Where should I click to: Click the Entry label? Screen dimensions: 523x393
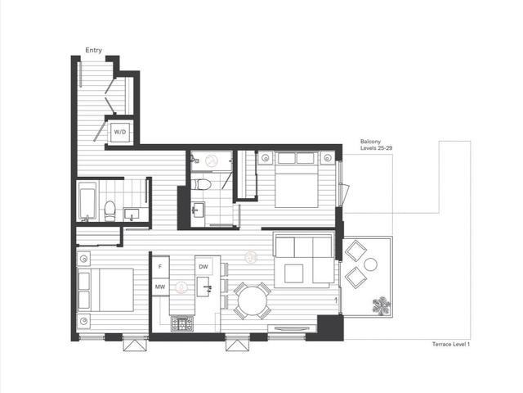tap(93, 50)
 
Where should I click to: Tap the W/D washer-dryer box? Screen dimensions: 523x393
tap(120, 132)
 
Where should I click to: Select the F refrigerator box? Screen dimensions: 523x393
tap(160, 266)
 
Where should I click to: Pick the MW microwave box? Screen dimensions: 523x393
tap(160, 287)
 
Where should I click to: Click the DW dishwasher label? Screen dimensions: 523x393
tap(203, 267)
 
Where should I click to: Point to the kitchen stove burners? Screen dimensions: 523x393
tap(182, 323)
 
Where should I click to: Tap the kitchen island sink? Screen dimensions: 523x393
tap(203, 287)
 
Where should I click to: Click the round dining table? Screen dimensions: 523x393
tap(253, 301)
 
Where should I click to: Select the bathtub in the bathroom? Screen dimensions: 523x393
tap(87, 201)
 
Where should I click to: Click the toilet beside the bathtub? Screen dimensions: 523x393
tap(110, 211)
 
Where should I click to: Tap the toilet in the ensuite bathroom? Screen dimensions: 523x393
tap(201, 184)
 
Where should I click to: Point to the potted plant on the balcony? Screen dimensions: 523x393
tap(381, 305)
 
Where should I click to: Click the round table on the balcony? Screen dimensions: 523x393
tap(370, 264)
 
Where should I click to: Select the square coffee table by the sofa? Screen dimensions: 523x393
tap(294, 273)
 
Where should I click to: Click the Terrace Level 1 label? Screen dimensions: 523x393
tap(451, 344)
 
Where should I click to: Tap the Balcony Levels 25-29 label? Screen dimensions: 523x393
tap(376, 145)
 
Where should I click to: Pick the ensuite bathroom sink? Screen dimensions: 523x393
tap(198, 210)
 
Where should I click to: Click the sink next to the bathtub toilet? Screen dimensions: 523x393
tap(132, 214)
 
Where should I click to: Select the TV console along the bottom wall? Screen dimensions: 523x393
tap(292, 328)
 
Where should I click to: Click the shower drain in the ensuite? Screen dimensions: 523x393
tap(211, 161)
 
